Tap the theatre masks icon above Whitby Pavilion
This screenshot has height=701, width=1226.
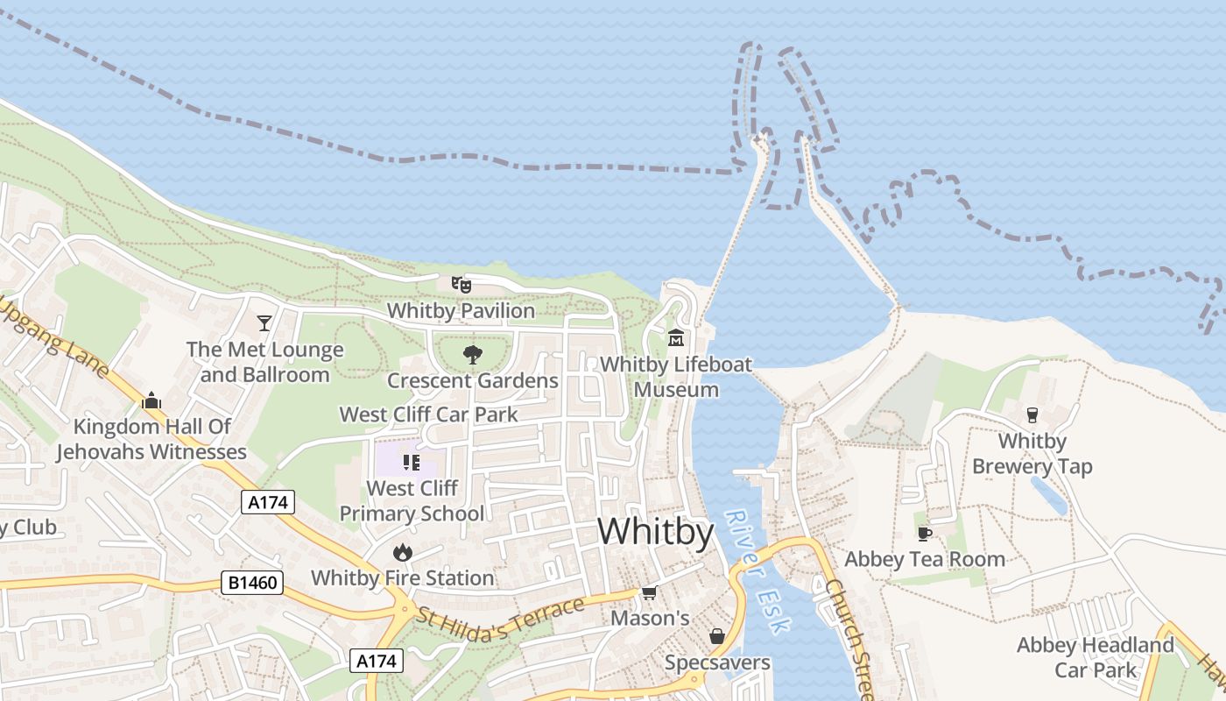[x=462, y=284]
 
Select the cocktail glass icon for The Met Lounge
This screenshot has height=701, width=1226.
[x=264, y=323]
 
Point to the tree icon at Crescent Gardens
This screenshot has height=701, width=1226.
[x=473, y=354]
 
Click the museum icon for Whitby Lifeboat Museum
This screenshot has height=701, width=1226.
[x=676, y=337]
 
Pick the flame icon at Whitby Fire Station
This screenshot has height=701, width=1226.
[x=403, y=551]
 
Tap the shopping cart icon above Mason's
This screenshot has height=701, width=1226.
[x=649, y=593]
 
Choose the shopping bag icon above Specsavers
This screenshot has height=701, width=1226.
[x=717, y=636]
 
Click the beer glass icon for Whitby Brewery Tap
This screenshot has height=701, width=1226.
[x=1032, y=414]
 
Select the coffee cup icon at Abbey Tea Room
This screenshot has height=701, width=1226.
[x=924, y=533]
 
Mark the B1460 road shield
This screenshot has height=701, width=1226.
[x=252, y=583]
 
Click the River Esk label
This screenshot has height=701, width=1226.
[x=758, y=570]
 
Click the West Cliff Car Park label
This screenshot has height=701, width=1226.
[x=429, y=414]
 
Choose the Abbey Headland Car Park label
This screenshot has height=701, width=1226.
[x=1095, y=657]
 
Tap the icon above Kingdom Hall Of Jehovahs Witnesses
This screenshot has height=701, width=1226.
[x=151, y=400]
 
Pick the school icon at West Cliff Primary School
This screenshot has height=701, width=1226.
[x=412, y=462]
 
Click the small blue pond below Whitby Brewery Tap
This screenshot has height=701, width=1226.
[x=1049, y=495]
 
